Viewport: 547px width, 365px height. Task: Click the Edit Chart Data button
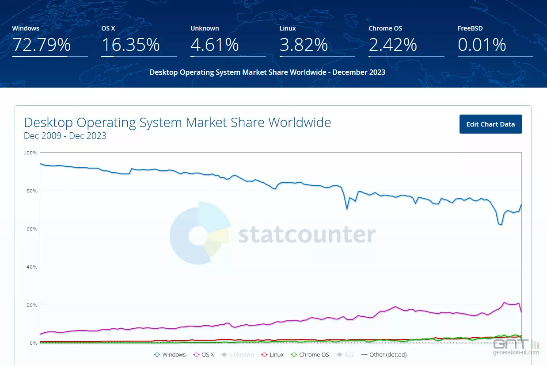(490, 124)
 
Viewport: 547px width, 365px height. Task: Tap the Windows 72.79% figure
(41, 45)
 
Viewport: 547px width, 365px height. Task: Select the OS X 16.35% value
(130, 45)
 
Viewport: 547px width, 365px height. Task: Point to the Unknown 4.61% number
(215, 45)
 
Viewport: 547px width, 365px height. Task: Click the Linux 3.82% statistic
(304, 45)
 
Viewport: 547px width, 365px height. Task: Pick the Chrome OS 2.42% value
(393, 45)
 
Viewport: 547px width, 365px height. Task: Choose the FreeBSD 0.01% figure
(482, 45)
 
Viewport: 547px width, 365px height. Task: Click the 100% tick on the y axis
(30, 153)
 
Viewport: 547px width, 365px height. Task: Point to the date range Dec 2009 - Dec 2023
(65, 136)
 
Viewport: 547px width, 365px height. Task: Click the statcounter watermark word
(307, 235)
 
